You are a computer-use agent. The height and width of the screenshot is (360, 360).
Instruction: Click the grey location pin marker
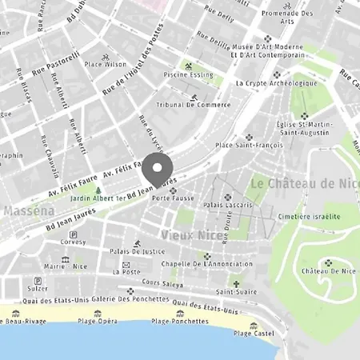158,171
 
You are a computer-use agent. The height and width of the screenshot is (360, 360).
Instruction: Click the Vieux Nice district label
191,234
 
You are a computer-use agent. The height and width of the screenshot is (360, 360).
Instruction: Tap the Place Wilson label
106,63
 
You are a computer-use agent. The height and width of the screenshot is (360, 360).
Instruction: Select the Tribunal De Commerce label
194,105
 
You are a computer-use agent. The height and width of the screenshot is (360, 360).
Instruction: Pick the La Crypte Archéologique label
271,82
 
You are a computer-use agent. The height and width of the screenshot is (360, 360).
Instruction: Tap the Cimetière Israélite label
309,216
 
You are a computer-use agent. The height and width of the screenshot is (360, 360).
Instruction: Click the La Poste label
126,272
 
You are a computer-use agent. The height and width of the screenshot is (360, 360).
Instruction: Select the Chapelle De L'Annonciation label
207,265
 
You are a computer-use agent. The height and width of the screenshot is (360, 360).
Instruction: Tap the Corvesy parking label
73,241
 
